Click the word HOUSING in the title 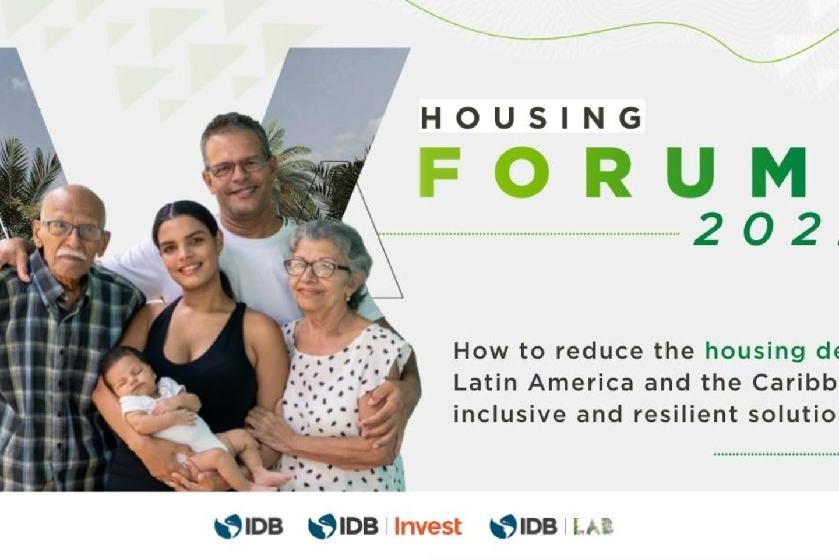pyautogui.click(x=531, y=118)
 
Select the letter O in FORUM pyautogui.click(x=523, y=173)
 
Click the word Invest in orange pyautogui.click(x=428, y=526)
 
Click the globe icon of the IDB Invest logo pyautogui.click(x=322, y=526)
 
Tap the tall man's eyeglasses pyautogui.click(x=238, y=167)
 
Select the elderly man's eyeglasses pyautogui.click(x=74, y=230)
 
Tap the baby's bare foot pyautogui.click(x=272, y=479)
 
